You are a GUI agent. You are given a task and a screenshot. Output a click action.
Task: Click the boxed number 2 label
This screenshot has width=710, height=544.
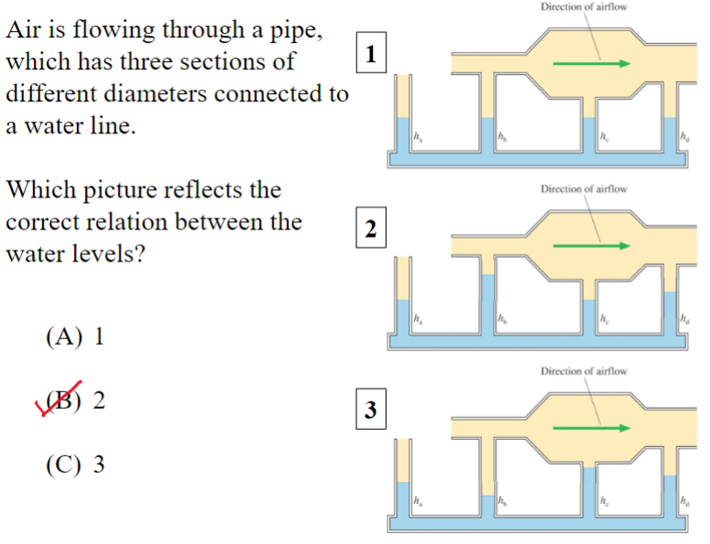click(370, 229)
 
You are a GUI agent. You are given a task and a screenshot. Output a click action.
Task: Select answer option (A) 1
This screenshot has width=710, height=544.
click(74, 336)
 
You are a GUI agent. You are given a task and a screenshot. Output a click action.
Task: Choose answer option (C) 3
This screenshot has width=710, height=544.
click(74, 464)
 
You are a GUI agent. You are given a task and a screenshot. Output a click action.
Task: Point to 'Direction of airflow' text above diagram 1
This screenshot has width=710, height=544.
click(584, 6)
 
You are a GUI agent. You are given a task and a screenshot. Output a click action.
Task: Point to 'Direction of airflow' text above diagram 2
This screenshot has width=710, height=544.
click(584, 189)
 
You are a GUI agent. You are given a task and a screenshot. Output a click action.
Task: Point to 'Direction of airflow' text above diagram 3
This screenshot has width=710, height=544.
click(584, 371)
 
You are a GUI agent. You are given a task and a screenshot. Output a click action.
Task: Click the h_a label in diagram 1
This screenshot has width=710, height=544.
click(418, 139)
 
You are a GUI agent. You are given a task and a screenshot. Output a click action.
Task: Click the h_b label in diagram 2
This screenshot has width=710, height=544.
click(503, 320)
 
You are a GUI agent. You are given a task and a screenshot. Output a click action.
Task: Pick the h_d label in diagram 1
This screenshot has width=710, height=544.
click(684, 139)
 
